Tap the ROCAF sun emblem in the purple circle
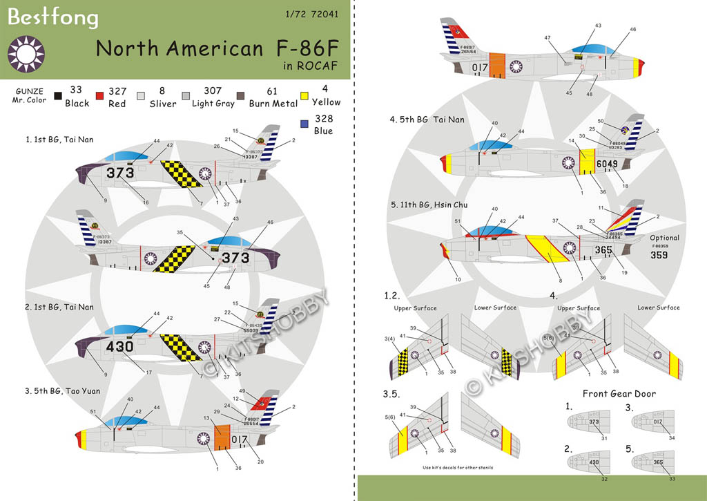click(x=26, y=53)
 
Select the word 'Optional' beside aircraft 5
click(x=664, y=238)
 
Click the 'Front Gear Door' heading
click(x=619, y=394)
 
